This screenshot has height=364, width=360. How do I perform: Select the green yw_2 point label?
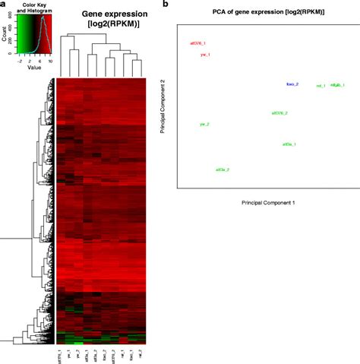pos(204,124)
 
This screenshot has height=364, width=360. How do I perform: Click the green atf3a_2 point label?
pos(223,169)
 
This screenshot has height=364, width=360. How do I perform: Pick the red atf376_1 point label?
pos(197,43)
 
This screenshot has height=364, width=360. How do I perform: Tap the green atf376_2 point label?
pos(279,113)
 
